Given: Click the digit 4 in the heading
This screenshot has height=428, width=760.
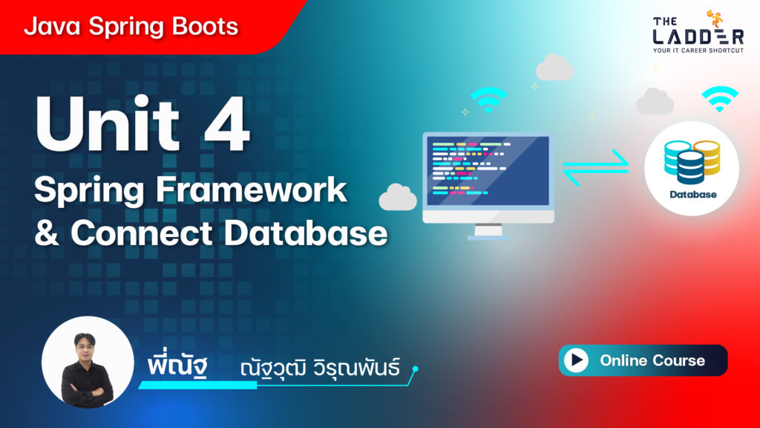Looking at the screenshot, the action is (227, 123).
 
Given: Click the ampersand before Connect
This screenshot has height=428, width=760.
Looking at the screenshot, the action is (47, 233).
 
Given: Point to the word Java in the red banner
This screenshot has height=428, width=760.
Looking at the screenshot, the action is (52, 26).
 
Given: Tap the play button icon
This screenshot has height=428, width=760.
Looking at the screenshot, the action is (576, 360).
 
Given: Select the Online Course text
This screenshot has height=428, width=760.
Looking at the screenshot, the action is (652, 360).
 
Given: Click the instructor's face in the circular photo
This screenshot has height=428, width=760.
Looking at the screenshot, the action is (85, 346).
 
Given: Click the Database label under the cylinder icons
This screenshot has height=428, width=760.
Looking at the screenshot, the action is (692, 195).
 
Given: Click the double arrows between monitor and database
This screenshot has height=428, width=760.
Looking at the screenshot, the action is (596, 168).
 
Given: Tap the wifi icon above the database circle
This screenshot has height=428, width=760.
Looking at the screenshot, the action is (720, 99).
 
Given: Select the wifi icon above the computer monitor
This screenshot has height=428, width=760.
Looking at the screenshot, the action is (488, 100).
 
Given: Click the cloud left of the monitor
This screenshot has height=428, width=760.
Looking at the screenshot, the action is (398, 198).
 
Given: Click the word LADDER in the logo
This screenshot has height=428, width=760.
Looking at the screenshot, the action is (698, 37).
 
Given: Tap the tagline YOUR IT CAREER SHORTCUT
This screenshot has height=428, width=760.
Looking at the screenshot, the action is (698, 51).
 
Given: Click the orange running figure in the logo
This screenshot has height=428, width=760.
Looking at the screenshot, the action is (715, 19).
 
